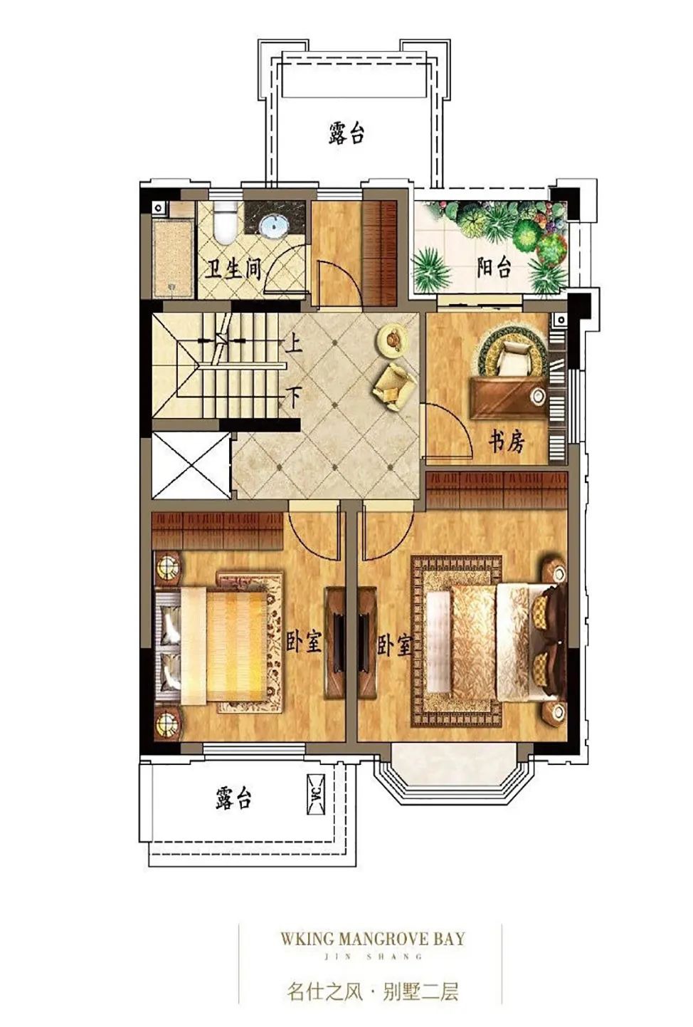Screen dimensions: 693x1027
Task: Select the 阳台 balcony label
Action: coord(494,267)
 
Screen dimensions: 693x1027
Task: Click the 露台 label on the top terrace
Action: coord(346,132)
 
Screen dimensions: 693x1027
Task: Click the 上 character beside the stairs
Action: coord(294,342)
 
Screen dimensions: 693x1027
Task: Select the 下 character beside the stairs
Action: coord(294,397)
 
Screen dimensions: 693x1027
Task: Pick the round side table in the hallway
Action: coord(391,338)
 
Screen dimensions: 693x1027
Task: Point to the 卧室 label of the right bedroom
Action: coord(394,645)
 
